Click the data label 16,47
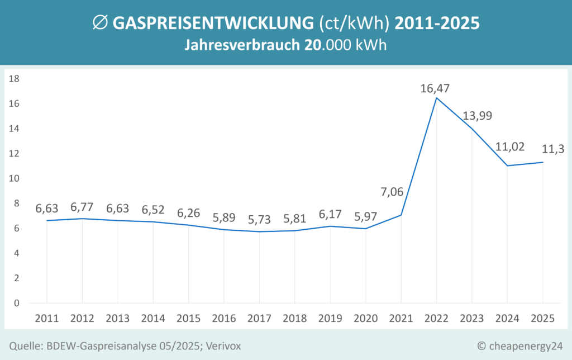[436, 88]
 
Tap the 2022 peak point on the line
[436, 98]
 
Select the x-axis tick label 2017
[259, 318]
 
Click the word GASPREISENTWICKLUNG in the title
[213, 23]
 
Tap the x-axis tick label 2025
[542, 318]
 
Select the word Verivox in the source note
[222, 347]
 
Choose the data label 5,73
[259, 220]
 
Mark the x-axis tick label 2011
[46, 318]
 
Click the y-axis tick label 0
[17, 303]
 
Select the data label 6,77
[82, 207]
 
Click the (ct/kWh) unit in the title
[355, 23]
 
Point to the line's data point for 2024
[507, 165]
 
